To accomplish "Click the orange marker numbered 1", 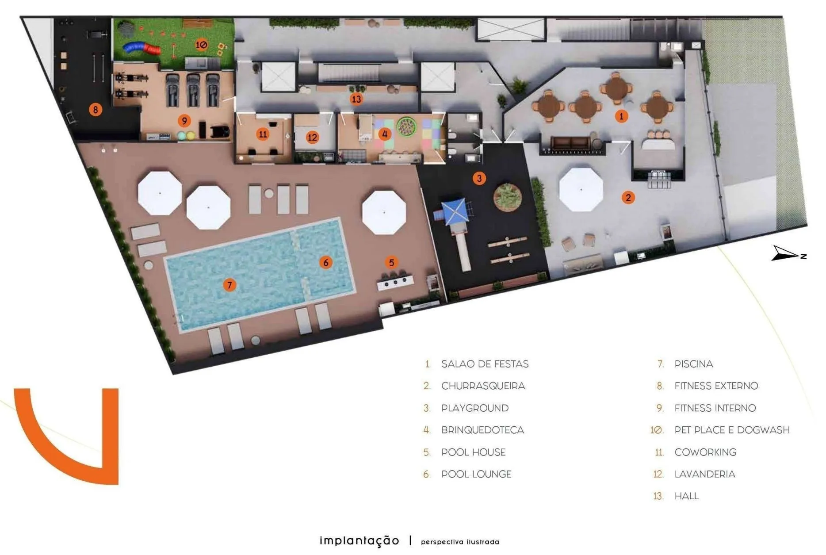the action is coord(621,116).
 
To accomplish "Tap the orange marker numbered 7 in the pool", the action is coord(229,285).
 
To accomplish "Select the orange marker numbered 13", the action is coord(356,99).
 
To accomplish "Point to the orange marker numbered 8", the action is coord(95,109).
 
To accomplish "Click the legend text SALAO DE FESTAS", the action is coord(485,364).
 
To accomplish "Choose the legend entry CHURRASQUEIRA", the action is coord(483,386).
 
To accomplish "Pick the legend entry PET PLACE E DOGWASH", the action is coord(732,430).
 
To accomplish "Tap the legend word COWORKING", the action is coord(705,452).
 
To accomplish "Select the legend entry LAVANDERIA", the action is coord(705,474).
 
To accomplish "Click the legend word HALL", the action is coord(687,496).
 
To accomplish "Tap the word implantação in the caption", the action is coord(359,541).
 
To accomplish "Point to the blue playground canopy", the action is coord(454,211).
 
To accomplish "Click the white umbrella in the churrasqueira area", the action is coord(581,189).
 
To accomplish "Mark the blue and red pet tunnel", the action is coord(141,48).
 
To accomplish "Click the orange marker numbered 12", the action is coord(312,137).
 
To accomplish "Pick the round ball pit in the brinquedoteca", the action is coord(405,126).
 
